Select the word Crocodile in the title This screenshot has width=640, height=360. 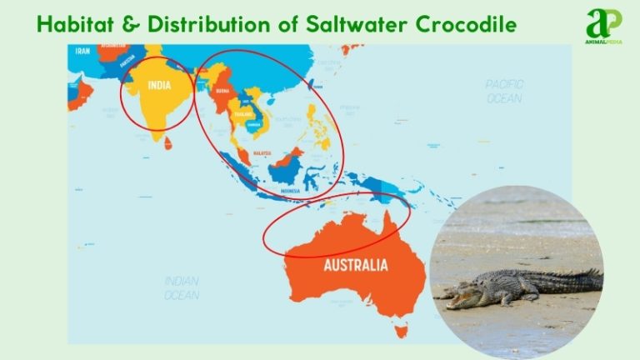466,26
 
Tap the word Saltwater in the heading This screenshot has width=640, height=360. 361,26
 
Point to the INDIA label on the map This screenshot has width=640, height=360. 160,85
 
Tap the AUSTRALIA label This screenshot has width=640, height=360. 354,267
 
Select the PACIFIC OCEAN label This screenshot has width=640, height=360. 503,91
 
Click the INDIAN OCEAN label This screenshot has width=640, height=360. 182,287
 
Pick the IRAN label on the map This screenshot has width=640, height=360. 82,51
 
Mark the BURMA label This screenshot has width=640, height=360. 221,93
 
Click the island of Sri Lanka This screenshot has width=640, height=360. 168,142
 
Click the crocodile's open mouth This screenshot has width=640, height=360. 457,294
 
